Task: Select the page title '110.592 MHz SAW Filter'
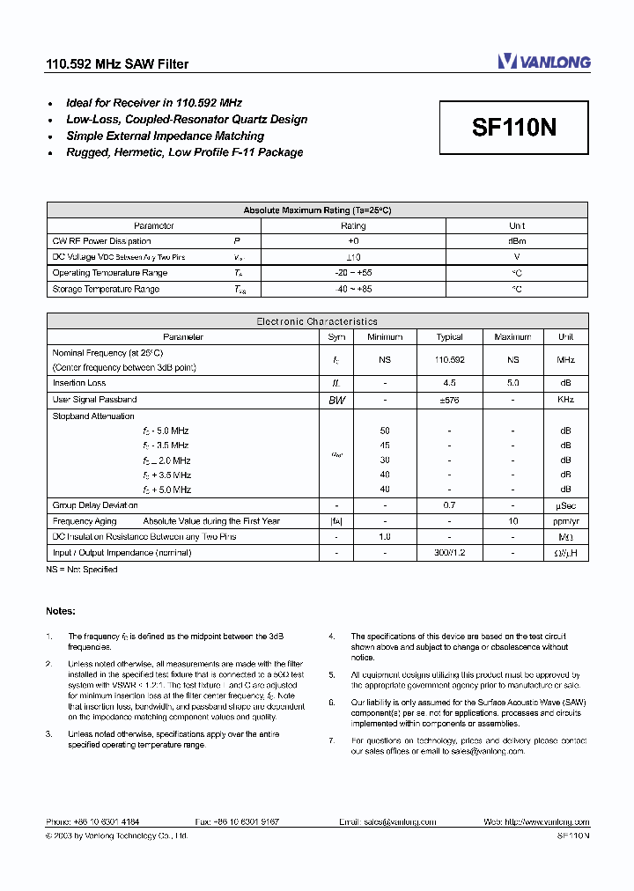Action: tap(117, 64)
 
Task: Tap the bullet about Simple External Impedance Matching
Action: tap(165, 136)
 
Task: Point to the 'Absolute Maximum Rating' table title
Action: tap(317, 210)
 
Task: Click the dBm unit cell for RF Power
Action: tap(517, 241)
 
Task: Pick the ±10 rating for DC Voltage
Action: tap(353, 257)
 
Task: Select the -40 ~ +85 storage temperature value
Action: tap(353, 289)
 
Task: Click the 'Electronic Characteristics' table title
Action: tap(317, 322)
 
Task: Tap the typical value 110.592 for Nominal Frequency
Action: tap(449, 360)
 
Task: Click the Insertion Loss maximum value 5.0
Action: tap(512, 384)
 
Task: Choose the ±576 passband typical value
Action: tap(449, 400)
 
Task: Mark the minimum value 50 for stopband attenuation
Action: tap(385, 431)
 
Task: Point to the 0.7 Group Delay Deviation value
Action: tap(449, 505)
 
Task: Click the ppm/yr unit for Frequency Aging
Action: tap(565, 521)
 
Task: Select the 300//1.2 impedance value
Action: tap(449, 553)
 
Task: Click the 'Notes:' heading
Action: tap(61, 611)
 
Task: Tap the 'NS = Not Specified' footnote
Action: tap(82, 570)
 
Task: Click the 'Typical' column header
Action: tap(449, 337)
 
